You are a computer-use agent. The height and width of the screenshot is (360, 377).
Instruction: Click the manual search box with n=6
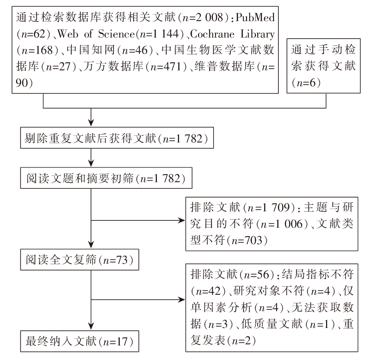click(324, 66)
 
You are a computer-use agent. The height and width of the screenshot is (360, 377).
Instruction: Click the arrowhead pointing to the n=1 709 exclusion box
click(182, 220)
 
